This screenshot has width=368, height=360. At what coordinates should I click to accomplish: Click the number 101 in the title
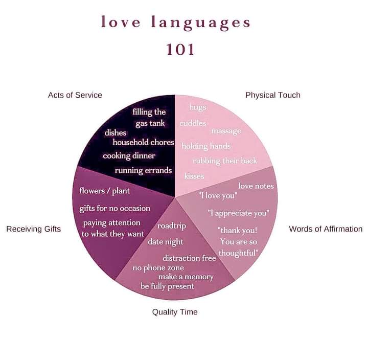click(180, 50)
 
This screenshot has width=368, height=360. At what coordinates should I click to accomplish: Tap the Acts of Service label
click(75, 95)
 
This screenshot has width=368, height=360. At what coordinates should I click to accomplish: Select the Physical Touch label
click(272, 95)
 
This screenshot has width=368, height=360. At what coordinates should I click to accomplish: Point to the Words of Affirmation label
click(326, 229)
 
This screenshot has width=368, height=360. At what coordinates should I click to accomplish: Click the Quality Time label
click(175, 312)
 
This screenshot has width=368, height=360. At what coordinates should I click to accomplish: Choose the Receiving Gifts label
click(33, 229)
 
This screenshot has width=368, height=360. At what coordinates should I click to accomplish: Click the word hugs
click(197, 107)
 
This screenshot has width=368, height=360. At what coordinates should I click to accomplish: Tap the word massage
click(226, 131)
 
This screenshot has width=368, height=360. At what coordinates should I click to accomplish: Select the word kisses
click(194, 176)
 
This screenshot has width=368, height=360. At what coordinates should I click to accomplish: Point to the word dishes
click(116, 133)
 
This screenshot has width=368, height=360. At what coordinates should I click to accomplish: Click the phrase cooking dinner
click(129, 155)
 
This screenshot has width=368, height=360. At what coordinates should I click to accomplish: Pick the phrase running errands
click(143, 170)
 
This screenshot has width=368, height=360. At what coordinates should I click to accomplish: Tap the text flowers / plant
click(105, 191)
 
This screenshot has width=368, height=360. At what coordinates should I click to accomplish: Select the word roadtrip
click(172, 226)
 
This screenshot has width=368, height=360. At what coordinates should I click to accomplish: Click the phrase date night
click(166, 241)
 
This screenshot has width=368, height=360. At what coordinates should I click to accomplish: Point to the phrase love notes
click(256, 186)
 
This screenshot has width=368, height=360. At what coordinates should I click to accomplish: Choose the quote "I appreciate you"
click(238, 213)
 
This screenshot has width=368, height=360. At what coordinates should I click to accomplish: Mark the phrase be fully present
click(167, 286)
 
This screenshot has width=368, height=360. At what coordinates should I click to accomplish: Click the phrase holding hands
click(206, 146)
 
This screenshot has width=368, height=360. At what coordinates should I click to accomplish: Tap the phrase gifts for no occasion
click(115, 208)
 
